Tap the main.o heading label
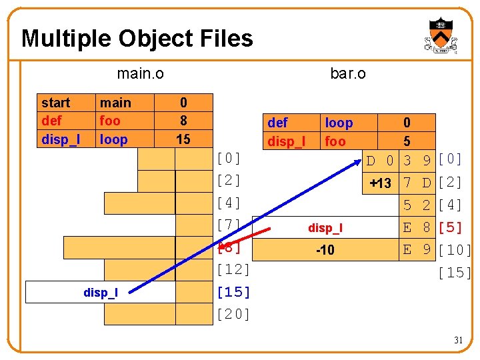pyautogui.click(x=140, y=73)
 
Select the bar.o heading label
pyautogui.click(x=347, y=73)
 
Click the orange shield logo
pyautogui.click(x=441, y=35)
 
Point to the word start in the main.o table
pyautogui.click(x=55, y=103)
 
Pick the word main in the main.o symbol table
pyautogui.click(x=115, y=103)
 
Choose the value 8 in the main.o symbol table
pyautogui.click(x=183, y=121)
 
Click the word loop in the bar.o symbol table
pyautogui.click(x=339, y=123)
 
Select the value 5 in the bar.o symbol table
pyautogui.click(x=407, y=141)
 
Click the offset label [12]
pyautogui.click(x=233, y=270)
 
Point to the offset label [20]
pyautogui.click(x=233, y=314)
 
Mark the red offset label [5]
pyautogui.click(x=451, y=227)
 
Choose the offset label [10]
pyautogui.click(x=455, y=250)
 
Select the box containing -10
pyautogui.click(x=325, y=250)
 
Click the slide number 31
pyautogui.click(x=459, y=340)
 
